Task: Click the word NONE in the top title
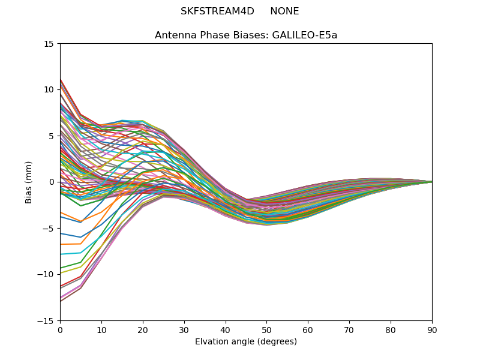(x=284, y=11)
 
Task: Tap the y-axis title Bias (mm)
(x=29, y=182)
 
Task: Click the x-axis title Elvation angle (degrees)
(x=246, y=342)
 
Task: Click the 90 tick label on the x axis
(x=432, y=329)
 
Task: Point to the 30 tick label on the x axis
(x=184, y=329)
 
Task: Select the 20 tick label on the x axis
(x=143, y=329)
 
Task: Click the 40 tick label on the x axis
(x=226, y=329)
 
